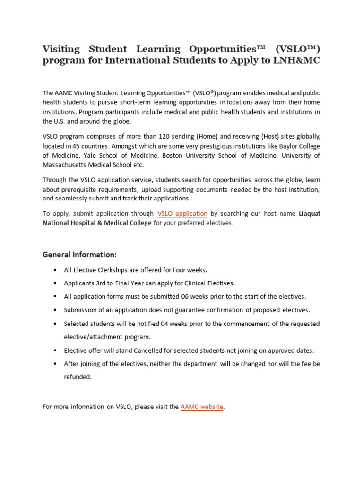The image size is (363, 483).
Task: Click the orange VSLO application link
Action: (x=182, y=214)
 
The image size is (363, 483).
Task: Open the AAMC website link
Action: (x=202, y=407)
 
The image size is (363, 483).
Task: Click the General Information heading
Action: (x=79, y=255)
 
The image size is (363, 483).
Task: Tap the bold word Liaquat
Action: (x=310, y=214)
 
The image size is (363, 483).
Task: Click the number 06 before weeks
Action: (x=186, y=297)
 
